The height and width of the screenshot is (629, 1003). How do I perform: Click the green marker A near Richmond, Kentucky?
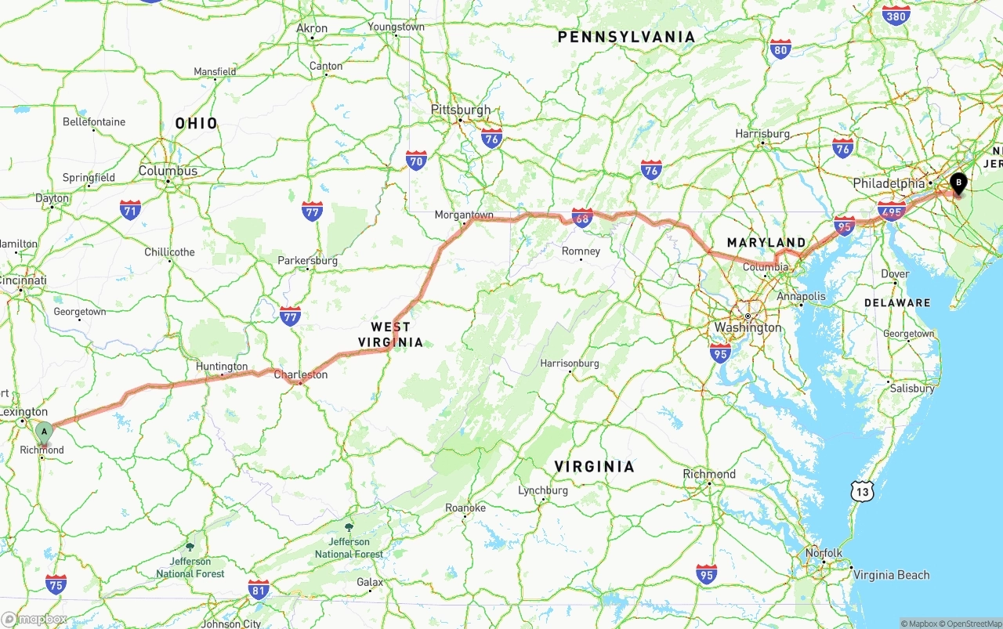pos(44,432)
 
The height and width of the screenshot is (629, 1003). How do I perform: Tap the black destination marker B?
pos(958,183)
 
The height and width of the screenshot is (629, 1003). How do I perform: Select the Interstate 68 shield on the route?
pos(582,219)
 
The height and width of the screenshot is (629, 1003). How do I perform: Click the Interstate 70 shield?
pos(417,161)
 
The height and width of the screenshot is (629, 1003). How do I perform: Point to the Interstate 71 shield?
pos(130,209)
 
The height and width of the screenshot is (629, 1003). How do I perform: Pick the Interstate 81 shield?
pos(259,590)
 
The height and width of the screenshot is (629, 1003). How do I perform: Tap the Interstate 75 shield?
pos(56,584)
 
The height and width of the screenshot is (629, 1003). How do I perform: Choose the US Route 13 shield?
pos(863,491)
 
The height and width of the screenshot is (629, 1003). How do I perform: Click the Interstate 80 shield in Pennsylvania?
pos(780,49)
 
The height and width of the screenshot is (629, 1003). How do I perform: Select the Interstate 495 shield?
pos(892,211)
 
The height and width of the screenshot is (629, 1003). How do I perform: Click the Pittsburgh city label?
pos(461,110)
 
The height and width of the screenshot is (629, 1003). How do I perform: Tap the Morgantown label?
pos(465,215)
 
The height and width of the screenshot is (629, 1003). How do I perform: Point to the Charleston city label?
pos(301,374)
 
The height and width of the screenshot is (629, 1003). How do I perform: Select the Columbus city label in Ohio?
pos(168,171)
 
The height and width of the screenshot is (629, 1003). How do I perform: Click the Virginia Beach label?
pos(891,575)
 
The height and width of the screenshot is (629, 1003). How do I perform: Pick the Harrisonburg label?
pos(570,363)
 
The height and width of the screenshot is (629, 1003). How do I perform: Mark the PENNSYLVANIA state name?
pos(626,37)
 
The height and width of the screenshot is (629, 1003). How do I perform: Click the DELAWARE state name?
pos(897,302)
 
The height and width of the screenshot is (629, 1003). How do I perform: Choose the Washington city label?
pos(748,327)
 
